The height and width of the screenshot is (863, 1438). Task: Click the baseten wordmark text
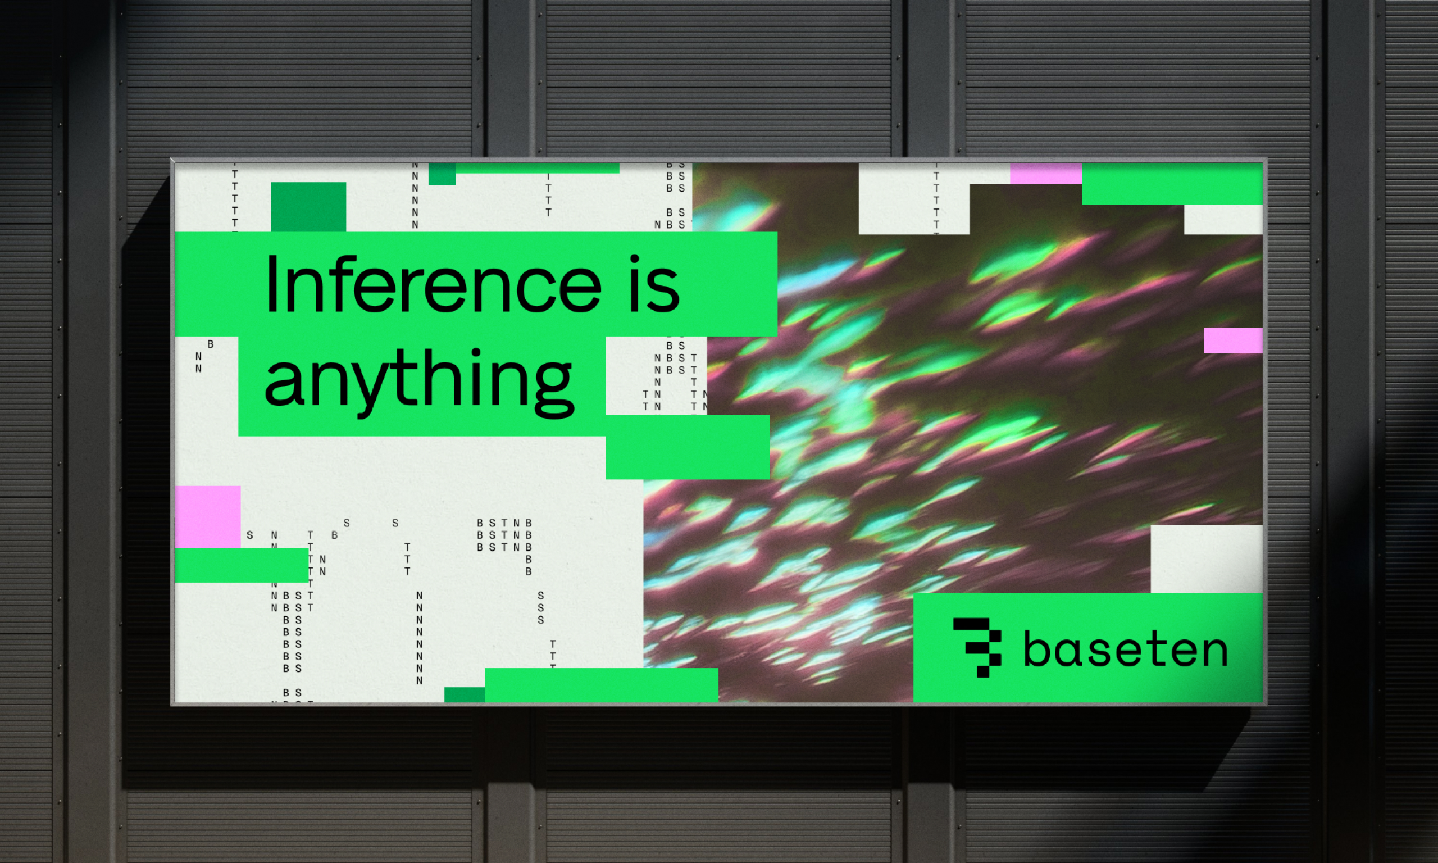point(1125,649)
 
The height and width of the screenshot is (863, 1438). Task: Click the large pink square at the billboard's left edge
point(207,516)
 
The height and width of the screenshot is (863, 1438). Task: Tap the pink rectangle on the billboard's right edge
point(1233,340)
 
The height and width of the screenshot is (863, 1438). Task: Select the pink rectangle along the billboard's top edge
point(1046,173)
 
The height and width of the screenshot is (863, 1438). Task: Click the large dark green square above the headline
point(308,206)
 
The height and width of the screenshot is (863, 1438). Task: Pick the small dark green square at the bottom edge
point(465,694)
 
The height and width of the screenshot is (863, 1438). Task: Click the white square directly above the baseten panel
point(1206,559)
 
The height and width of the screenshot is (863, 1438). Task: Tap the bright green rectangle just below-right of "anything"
point(687,447)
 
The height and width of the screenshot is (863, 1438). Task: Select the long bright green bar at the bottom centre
point(602,685)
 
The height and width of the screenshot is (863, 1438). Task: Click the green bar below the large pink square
point(241,565)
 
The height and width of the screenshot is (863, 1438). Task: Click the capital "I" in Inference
point(271,284)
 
